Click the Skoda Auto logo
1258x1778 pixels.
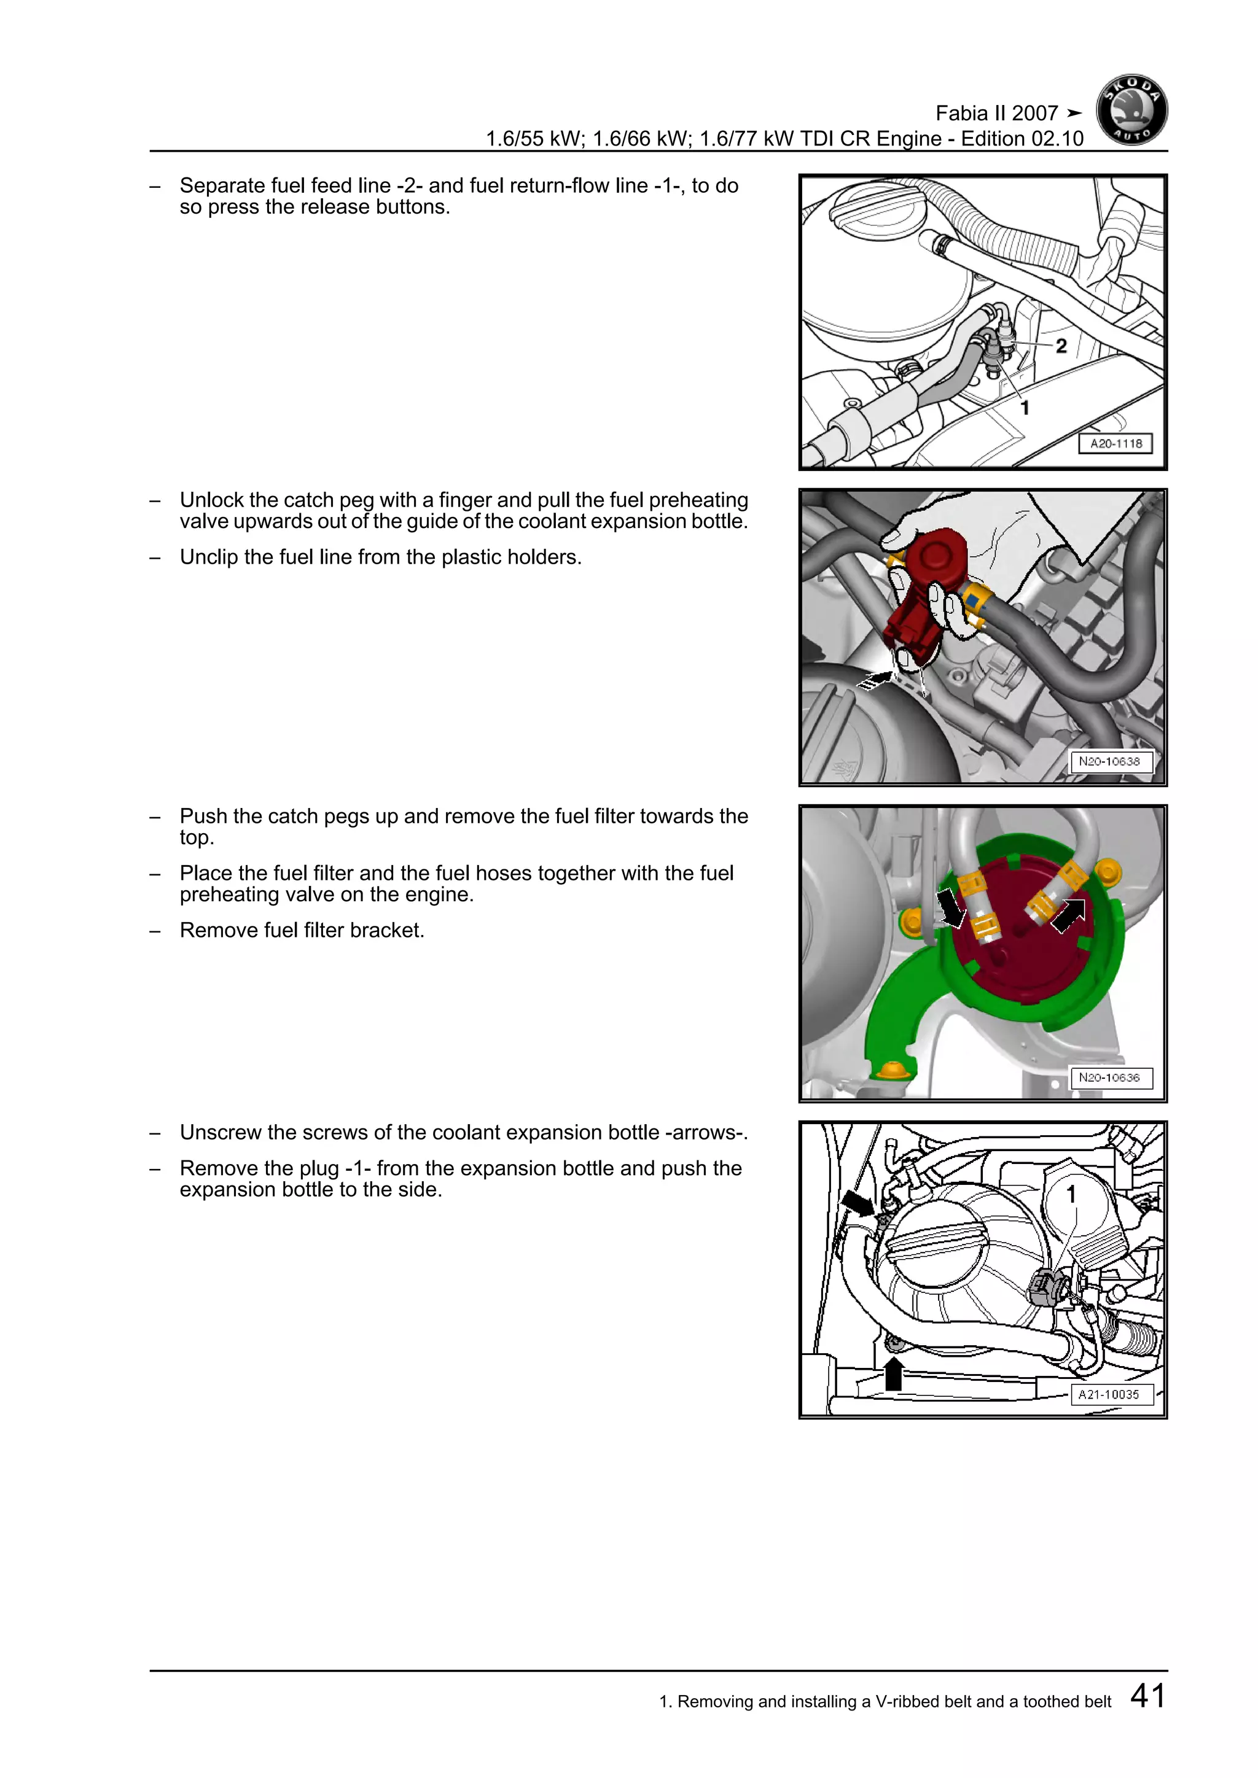click(x=1131, y=111)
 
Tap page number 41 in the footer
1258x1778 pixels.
click(x=1147, y=1695)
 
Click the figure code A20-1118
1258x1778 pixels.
click(x=1115, y=444)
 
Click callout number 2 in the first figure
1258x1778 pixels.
click(x=1061, y=346)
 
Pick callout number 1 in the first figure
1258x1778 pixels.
click(x=1024, y=408)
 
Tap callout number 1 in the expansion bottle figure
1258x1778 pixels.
click(x=1071, y=1195)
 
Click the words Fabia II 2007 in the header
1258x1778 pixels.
click(x=996, y=114)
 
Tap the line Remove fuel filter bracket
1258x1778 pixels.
click(x=302, y=930)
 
